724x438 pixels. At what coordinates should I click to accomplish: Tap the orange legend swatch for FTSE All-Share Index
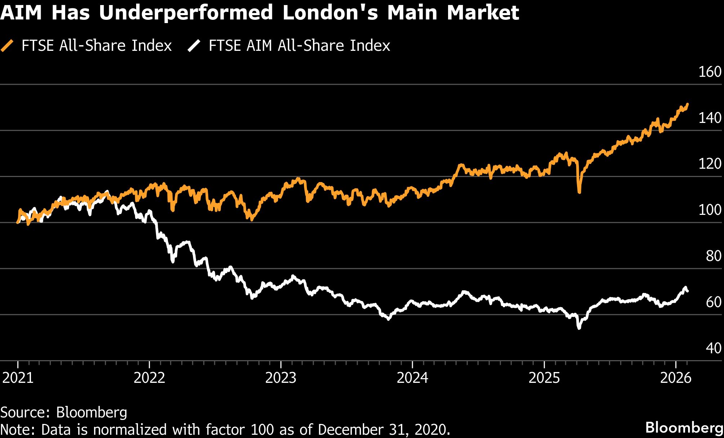point(7,46)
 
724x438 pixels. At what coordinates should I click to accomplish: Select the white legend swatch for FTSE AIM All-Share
point(194,46)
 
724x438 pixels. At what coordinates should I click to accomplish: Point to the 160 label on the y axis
point(710,72)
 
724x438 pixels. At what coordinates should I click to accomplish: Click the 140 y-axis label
point(710,118)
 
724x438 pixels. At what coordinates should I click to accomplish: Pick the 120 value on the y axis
point(710,164)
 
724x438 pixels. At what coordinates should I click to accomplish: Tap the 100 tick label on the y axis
point(710,210)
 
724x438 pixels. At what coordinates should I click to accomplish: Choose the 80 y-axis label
point(714,256)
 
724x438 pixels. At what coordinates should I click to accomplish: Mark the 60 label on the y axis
point(714,302)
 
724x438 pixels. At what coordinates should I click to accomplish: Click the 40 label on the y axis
point(714,348)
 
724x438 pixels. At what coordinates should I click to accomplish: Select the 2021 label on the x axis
point(18,378)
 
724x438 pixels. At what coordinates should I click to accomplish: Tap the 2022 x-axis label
point(149,378)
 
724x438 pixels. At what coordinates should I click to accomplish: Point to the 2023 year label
point(281,378)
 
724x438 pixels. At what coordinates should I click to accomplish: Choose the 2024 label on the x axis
point(412,378)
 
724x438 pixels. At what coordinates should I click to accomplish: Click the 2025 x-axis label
point(544,378)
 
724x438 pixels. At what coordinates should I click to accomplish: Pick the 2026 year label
point(676,378)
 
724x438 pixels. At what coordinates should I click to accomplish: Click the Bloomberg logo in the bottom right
point(684,428)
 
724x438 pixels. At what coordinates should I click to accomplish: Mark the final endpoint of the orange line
point(688,104)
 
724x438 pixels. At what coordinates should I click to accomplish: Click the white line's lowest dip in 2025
point(579,328)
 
